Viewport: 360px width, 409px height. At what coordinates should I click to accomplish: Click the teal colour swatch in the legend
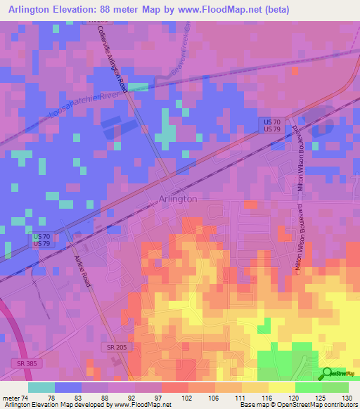pos(41,387)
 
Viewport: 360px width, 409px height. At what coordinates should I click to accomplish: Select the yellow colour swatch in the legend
pos(282,387)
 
